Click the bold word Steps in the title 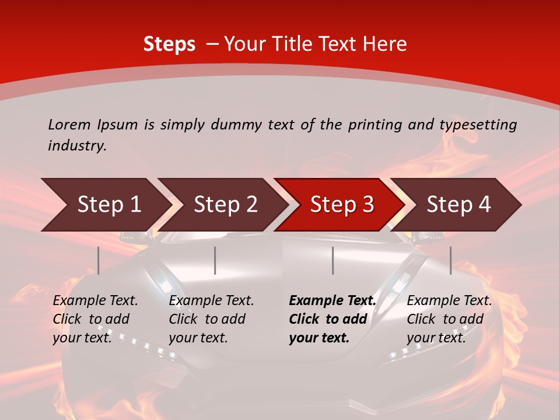coord(169,44)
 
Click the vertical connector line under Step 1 coord(99,260)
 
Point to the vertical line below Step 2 coord(215,260)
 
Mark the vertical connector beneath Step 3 coord(333,260)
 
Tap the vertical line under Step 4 coord(451,260)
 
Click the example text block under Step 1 coord(95,319)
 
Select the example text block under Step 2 coord(211,319)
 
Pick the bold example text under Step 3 coord(332,319)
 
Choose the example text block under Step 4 coord(449,319)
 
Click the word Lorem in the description coord(69,124)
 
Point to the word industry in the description coord(77,146)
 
